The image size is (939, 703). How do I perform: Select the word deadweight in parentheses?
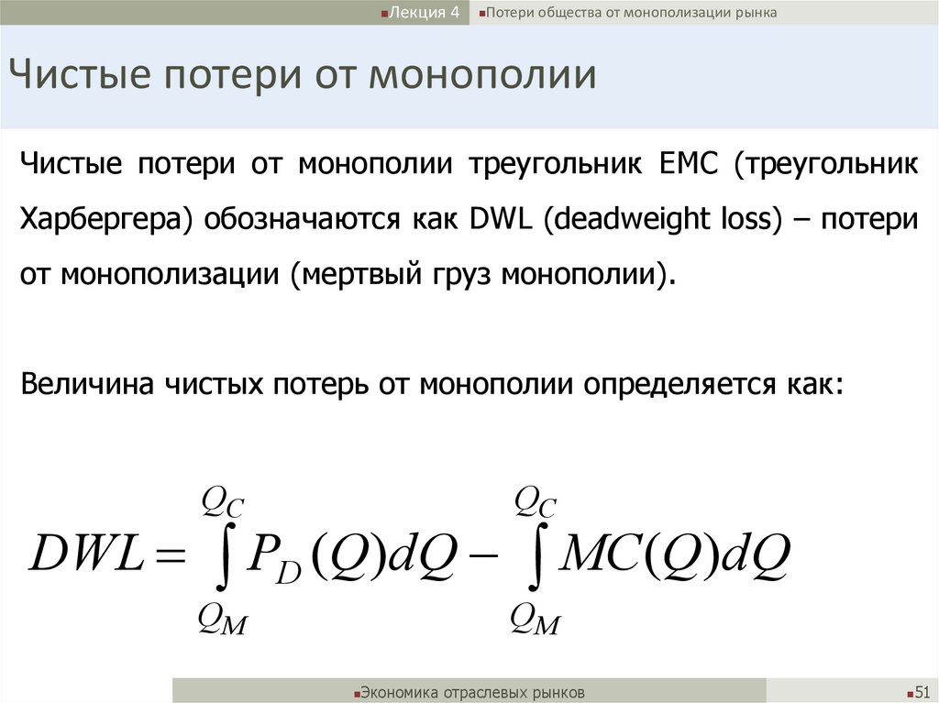click(627, 220)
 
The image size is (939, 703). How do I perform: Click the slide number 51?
click(922, 691)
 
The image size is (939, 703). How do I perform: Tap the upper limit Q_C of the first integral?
click(222, 502)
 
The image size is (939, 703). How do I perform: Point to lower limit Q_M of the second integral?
click(536, 621)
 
